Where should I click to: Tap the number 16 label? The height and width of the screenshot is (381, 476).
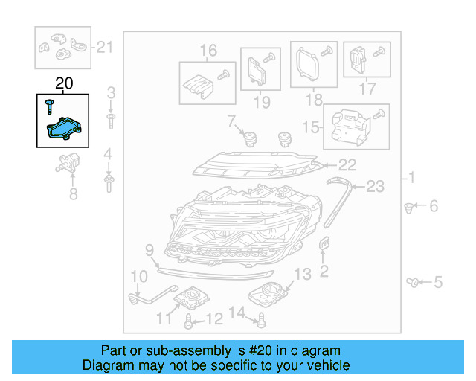[208, 51]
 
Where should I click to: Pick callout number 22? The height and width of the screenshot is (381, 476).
[347, 165]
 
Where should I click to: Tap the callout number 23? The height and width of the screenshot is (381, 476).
[376, 187]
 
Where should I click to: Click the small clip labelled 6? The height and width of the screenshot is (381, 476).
[409, 206]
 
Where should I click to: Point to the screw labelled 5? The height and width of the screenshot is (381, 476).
[415, 281]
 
